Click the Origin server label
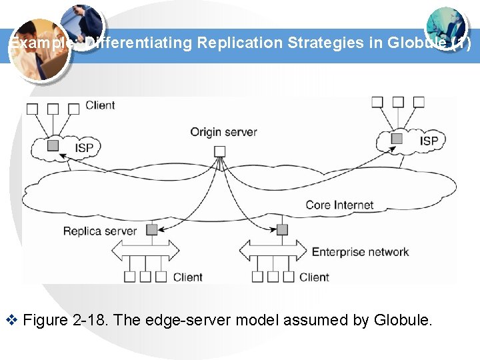click(223, 132)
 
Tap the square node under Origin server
click(219, 151)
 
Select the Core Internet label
click(339, 205)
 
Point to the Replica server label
click(99, 231)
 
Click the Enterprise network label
click(360, 251)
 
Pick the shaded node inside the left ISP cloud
click(53, 145)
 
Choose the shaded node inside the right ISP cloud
click(397, 138)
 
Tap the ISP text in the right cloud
click(429, 141)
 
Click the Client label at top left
click(100, 105)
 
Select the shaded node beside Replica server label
click(151, 230)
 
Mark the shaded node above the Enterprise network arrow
click(282, 229)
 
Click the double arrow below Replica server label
click(145, 251)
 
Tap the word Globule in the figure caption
click(403, 321)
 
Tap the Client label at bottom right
click(314, 277)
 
